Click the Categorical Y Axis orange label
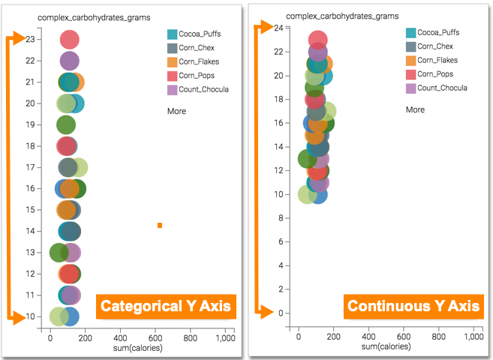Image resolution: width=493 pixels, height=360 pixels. click(x=165, y=306)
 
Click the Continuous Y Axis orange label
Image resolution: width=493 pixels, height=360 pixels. click(x=412, y=306)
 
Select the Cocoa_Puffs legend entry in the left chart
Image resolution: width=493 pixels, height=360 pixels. click(x=199, y=34)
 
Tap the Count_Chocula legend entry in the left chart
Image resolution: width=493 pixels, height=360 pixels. click(x=203, y=89)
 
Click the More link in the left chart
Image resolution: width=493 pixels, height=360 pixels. click(x=176, y=111)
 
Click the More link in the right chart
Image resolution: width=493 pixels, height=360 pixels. click(x=415, y=109)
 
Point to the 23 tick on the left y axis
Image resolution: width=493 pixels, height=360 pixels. click(x=30, y=39)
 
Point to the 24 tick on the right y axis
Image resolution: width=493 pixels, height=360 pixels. click(x=278, y=28)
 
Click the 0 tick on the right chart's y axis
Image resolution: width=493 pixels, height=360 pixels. click(x=280, y=313)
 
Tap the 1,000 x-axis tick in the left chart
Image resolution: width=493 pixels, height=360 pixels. click(x=224, y=339)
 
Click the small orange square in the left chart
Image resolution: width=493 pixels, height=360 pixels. click(x=160, y=225)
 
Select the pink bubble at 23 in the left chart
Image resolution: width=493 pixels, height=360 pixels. click(x=69, y=40)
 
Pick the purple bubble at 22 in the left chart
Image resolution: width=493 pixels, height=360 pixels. click(x=69, y=61)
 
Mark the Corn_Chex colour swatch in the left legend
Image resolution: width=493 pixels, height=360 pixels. click(x=172, y=48)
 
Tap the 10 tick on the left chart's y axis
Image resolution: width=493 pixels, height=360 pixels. click(x=30, y=316)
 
